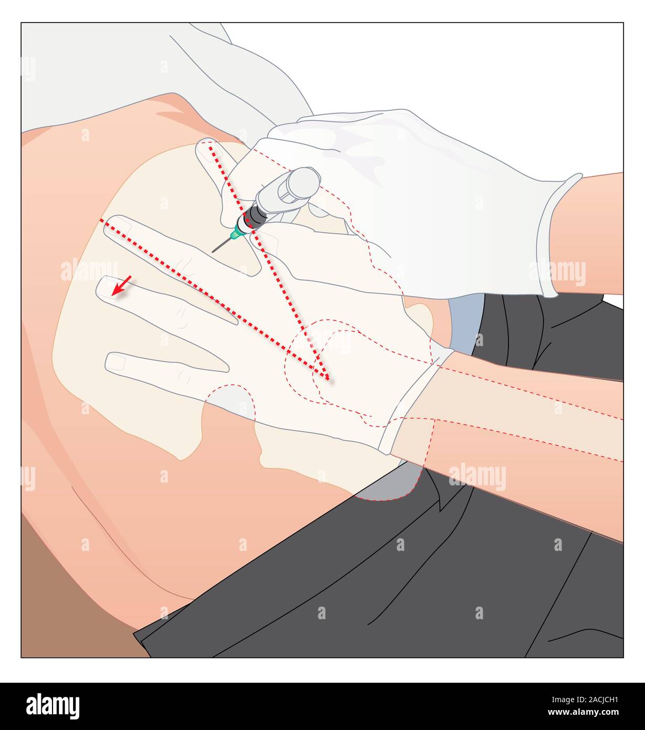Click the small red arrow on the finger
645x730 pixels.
(121, 286)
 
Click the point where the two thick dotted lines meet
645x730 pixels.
(327, 378)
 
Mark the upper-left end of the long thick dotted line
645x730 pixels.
(101, 221)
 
